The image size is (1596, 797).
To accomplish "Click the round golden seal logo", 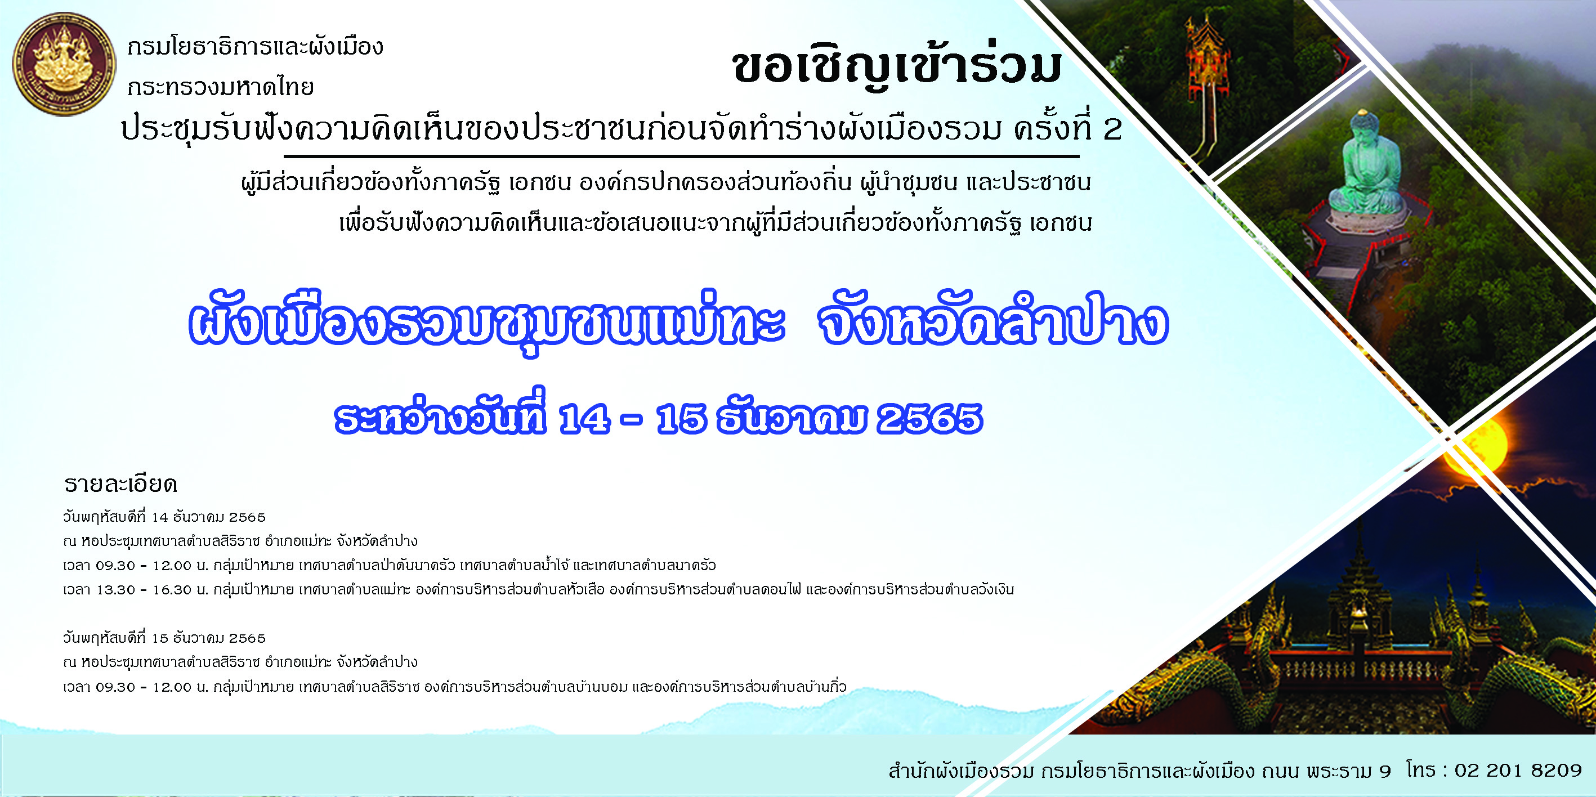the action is (64, 64).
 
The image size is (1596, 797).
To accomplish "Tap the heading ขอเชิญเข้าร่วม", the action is (898, 67).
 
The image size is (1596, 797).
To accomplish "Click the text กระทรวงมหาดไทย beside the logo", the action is (221, 87).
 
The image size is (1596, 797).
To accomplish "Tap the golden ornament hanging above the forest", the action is (1205, 68).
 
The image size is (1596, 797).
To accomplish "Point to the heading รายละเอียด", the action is (121, 483).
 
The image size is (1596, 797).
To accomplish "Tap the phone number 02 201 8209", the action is (1518, 770).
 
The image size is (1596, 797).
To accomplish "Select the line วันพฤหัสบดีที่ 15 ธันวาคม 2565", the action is (164, 638).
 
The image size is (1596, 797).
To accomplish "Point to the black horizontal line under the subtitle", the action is (682, 156).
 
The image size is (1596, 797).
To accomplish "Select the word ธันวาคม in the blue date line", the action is (791, 419).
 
